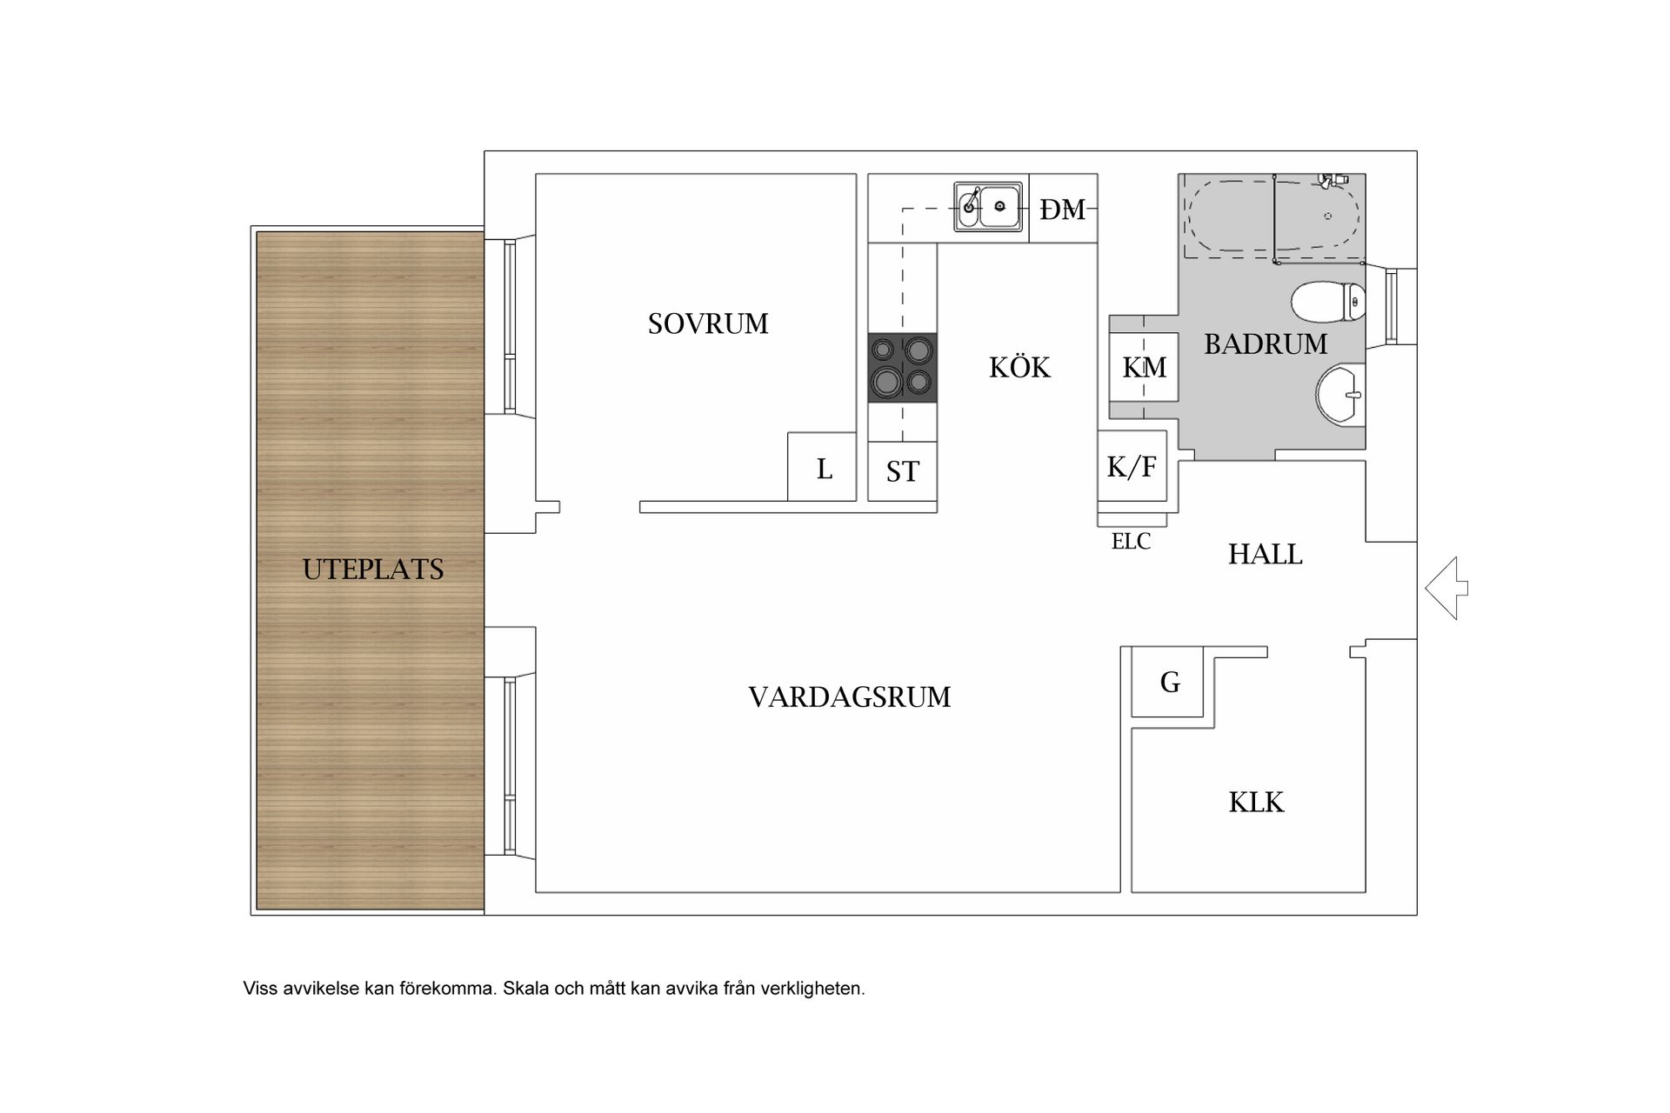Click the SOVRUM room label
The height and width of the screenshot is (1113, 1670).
[x=708, y=323]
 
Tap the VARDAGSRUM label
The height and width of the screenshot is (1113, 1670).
[x=849, y=696]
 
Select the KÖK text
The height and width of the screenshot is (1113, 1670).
[x=1019, y=368]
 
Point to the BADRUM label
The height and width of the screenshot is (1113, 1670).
[x=1266, y=344]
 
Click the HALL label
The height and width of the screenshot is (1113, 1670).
[x=1265, y=554]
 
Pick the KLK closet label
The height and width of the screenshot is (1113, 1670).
[x=1256, y=802]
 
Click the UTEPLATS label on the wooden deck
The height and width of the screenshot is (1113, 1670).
[x=372, y=569]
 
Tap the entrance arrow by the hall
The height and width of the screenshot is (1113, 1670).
[x=1446, y=589]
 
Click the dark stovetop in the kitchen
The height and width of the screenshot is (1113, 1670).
[x=902, y=368]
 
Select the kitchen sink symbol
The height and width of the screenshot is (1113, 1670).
[x=988, y=207]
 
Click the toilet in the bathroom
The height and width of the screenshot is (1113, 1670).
[x=1327, y=303]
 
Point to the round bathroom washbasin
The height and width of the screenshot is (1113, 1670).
[x=1339, y=395]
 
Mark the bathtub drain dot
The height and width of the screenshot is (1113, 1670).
[x=1327, y=216]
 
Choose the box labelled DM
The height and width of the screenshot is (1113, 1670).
[x=1063, y=209]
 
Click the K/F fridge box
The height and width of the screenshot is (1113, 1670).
[x=1132, y=466]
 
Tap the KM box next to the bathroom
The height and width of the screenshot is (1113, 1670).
[x=1144, y=367]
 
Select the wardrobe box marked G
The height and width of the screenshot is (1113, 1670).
[x=1169, y=683]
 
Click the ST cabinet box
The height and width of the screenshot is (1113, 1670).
[x=902, y=471]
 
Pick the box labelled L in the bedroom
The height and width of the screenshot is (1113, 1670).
[x=823, y=468]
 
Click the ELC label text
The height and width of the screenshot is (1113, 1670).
[x=1131, y=541]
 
